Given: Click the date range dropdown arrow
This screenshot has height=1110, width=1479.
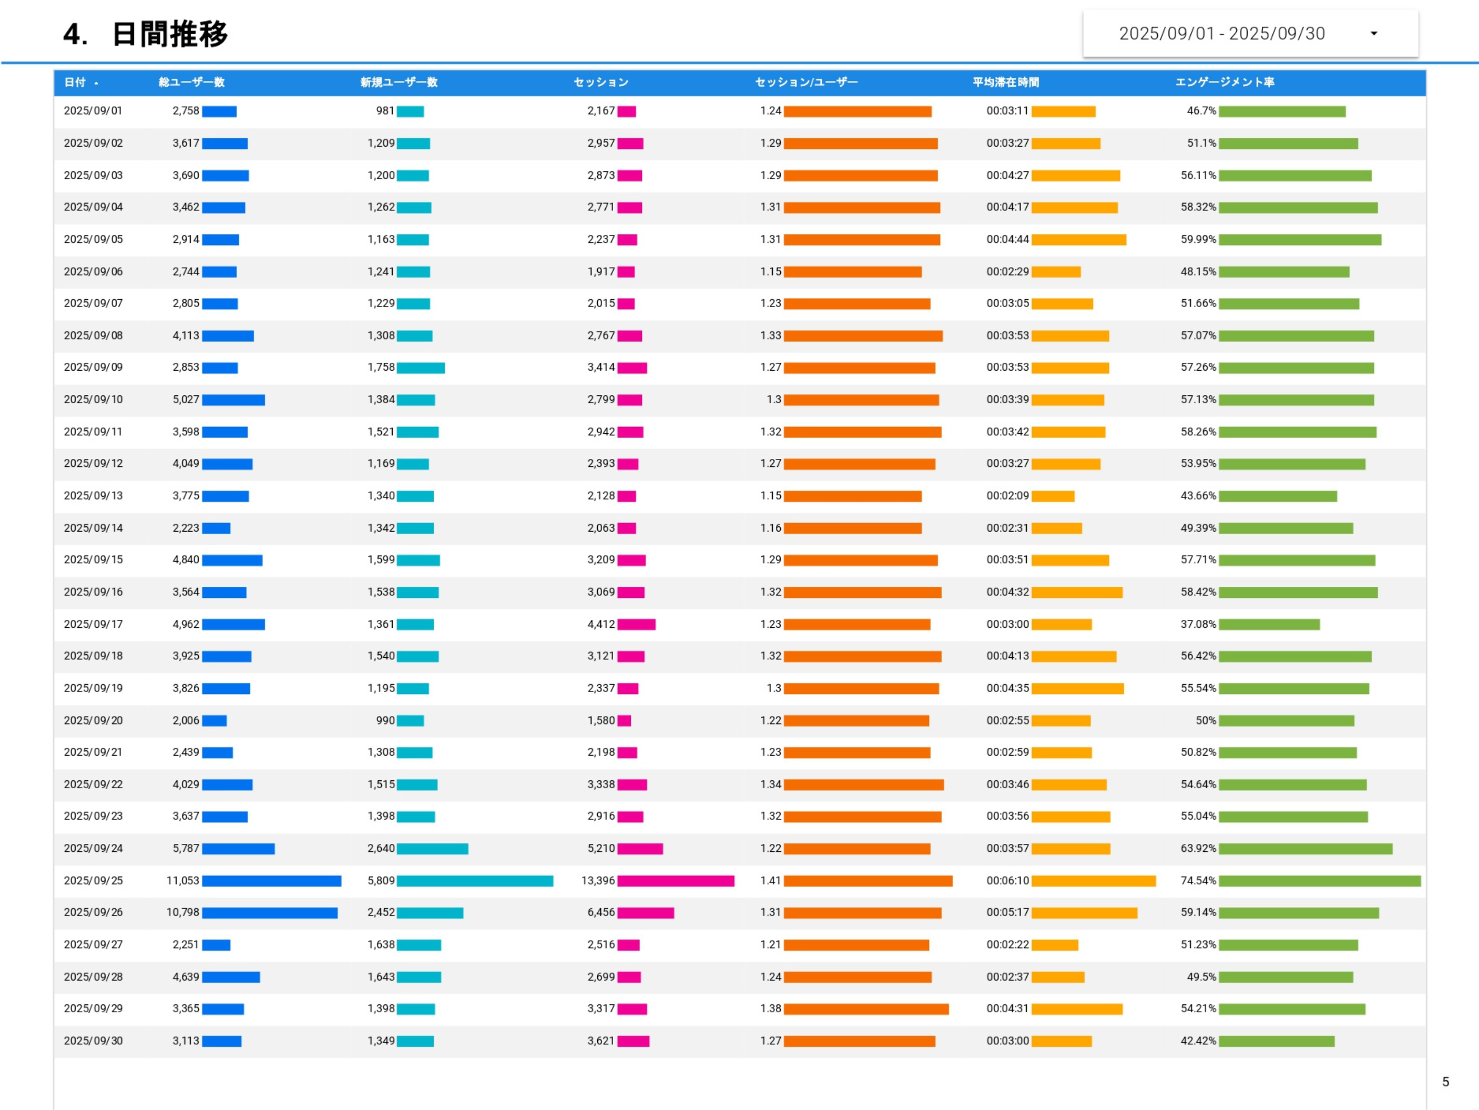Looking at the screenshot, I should pyautogui.click(x=1373, y=34).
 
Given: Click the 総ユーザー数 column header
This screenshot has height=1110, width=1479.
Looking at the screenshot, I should pyautogui.click(x=191, y=82).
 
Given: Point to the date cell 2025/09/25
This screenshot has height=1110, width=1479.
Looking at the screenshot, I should pyautogui.click(x=93, y=881).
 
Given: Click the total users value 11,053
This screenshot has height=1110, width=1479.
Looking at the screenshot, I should pyautogui.click(x=182, y=881).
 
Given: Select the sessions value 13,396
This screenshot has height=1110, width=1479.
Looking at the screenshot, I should pyautogui.click(x=598, y=881).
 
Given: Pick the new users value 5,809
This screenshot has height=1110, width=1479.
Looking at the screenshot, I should pyautogui.click(x=381, y=881).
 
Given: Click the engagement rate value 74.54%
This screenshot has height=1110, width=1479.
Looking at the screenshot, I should pyautogui.click(x=1198, y=881).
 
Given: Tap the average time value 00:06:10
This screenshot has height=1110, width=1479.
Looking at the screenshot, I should pyautogui.click(x=1007, y=881).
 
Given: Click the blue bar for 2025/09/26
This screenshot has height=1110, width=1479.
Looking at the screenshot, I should pyautogui.click(x=269, y=913).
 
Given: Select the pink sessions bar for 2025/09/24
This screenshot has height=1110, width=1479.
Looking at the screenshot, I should pyautogui.click(x=640, y=849).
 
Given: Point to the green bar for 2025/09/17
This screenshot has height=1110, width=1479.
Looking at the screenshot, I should pyautogui.click(x=1268, y=625).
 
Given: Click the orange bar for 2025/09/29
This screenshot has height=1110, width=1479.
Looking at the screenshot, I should pyautogui.click(x=866, y=1009).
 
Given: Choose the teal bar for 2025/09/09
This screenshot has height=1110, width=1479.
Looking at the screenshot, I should pyautogui.click(x=421, y=368).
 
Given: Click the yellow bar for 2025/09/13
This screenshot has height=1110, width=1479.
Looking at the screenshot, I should pyautogui.click(x=1053, y=496).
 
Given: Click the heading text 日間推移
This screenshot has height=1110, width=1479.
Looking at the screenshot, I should pyautogui.click(x=170, y=34).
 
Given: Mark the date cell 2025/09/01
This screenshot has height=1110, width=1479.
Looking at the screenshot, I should pyautogui.click(x=93, y=111).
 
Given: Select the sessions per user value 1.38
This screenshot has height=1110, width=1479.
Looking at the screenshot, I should pyautogui.click(x=770, y=1009).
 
